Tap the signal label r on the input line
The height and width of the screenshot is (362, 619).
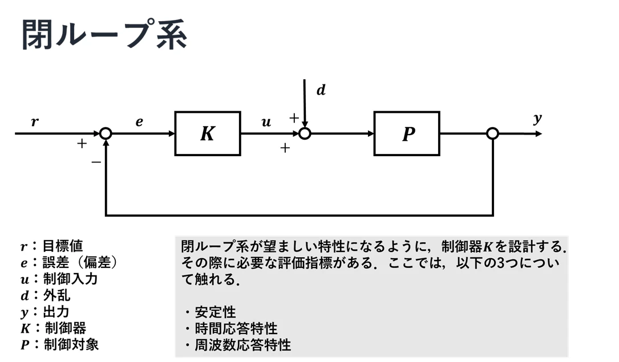pos(35,121)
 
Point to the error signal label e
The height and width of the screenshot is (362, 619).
pos(139,122)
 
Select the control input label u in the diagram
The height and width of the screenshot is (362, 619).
pos(266,122)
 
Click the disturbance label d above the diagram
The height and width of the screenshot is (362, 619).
pos(321,90)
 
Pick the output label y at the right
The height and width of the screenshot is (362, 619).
pos(537,119)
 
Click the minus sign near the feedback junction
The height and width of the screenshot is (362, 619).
pos(96,162)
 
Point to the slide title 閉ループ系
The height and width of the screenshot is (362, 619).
pos(104,35)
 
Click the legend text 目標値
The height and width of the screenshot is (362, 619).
pos(63,246)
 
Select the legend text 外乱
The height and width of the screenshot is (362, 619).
pos(57,295)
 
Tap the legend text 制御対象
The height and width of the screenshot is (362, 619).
pos(71,344)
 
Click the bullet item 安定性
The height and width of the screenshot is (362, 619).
pos(215,312)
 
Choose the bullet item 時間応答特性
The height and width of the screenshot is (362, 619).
pos(236,328)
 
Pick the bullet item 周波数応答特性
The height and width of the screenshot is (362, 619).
pos(243,345)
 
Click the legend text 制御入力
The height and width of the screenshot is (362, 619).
pos(70,279)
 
